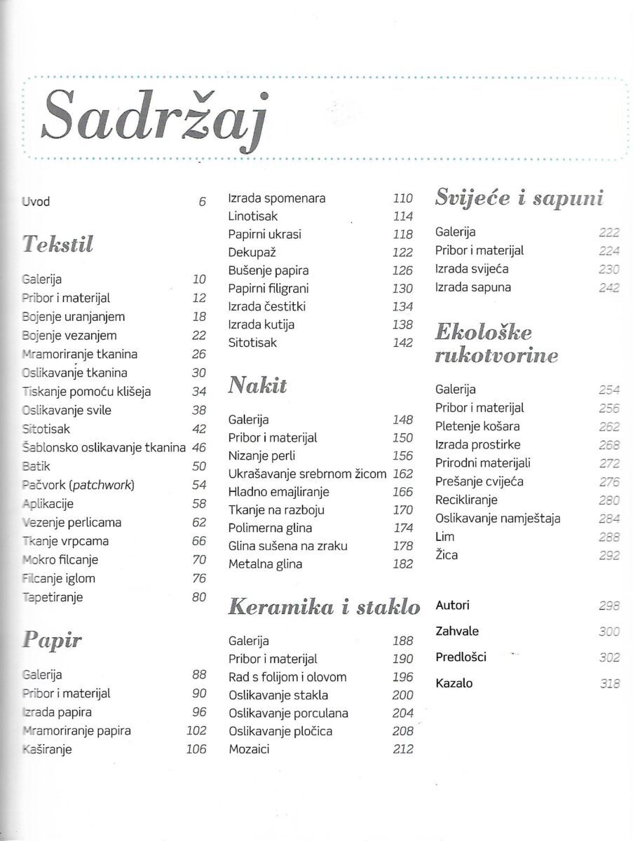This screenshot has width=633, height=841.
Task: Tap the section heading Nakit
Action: (x=257, y=385)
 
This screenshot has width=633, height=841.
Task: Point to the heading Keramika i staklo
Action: (x=324, y=607)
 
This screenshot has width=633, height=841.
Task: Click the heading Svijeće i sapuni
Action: (x=519, y=198)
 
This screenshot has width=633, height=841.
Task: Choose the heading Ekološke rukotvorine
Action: (x=496, y=343)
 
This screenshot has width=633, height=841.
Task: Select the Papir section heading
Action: (x=53, y=639)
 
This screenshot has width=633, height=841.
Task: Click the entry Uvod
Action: (x=36, y=202)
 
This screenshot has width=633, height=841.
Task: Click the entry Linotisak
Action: (x=253, y=217)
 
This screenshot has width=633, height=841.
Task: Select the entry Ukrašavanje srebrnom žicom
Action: (x=307, y=474)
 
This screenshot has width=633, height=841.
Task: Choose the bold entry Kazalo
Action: (x=454, y=683)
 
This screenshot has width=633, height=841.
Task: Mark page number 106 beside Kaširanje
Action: (x=196, y=749)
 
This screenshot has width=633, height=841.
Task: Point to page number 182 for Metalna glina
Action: (x=403, y=564)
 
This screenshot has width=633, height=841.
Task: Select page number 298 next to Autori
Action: (x=610, y=606)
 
